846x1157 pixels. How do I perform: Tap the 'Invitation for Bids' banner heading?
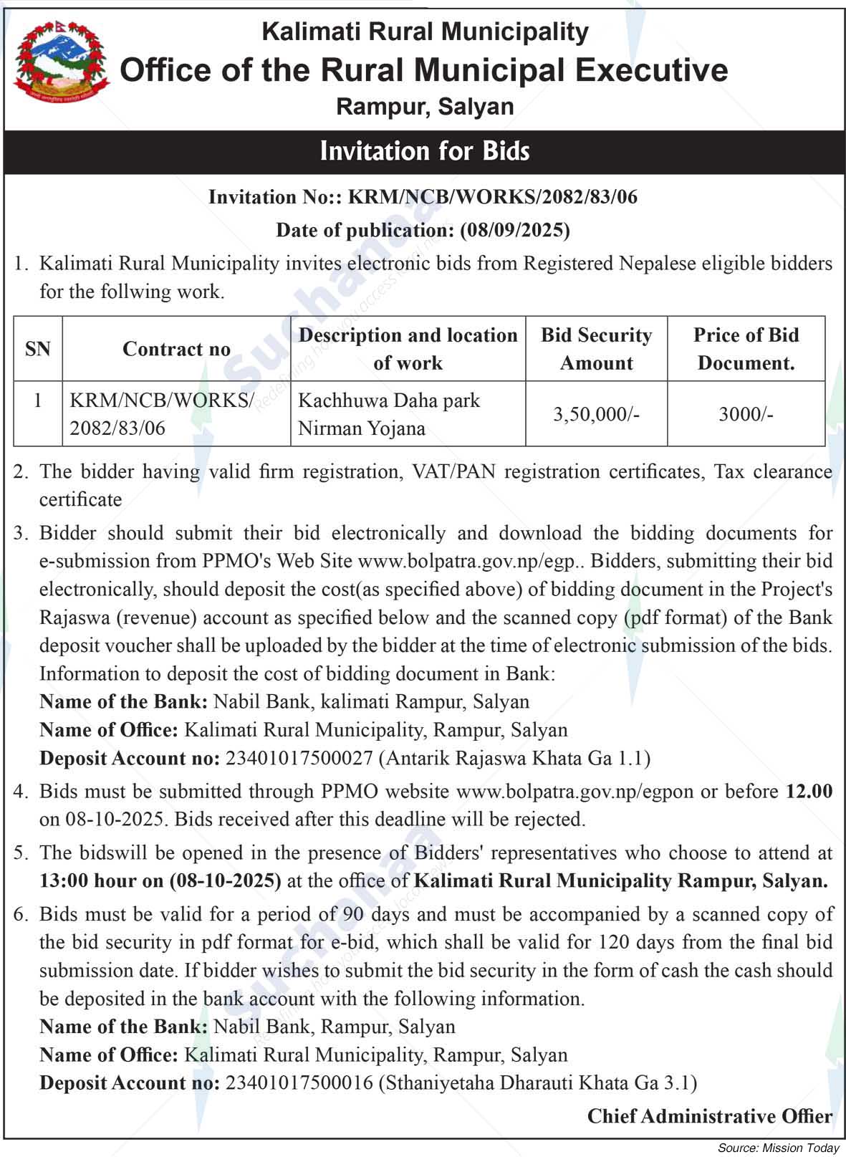(425, 151)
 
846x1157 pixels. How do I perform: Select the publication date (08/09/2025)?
(514, 230)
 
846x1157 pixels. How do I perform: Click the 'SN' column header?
(38, 349)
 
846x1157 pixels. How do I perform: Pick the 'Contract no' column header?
(176, 349)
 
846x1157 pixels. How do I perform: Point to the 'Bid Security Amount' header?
(596, 349)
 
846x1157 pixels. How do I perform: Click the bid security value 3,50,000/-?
(596, 414)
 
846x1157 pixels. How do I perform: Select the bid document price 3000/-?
(746, 414)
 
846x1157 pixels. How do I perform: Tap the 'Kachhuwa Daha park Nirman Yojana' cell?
(389, 414)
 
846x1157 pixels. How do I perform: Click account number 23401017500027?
(299, 758)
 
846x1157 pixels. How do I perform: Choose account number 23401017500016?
(299, 1082)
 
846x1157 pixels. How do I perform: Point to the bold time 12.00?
(809, 791)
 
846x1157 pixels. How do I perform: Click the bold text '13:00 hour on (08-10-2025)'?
(160, 880)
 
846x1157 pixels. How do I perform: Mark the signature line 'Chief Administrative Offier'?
(709, 1116)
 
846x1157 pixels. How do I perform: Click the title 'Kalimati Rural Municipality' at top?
(425, 32)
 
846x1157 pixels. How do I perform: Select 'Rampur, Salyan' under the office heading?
(425, 107)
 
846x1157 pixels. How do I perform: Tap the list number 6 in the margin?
(21, 914)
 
